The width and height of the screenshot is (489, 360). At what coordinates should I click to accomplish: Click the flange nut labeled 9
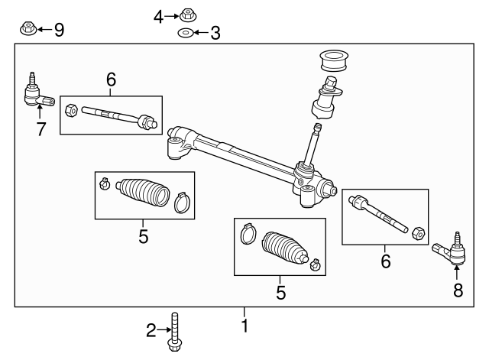tap(26, 29)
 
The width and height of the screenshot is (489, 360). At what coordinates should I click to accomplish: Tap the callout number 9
tap(58, 30)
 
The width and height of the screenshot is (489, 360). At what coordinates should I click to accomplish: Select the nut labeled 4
tap(186, 15)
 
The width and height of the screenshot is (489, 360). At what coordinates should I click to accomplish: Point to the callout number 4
tap(158, 16)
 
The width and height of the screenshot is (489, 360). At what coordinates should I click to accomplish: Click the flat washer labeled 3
tap(185, 33)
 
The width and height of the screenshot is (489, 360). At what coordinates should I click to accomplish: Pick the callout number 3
tap(215, 33)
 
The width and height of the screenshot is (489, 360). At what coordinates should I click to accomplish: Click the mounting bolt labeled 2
tap(176, 332)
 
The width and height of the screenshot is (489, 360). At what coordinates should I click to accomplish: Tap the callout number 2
tap(151, 330)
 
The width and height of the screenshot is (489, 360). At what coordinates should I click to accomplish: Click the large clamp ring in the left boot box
tap(180, 202)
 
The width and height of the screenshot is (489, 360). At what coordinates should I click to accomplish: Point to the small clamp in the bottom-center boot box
tap(314, 265)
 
